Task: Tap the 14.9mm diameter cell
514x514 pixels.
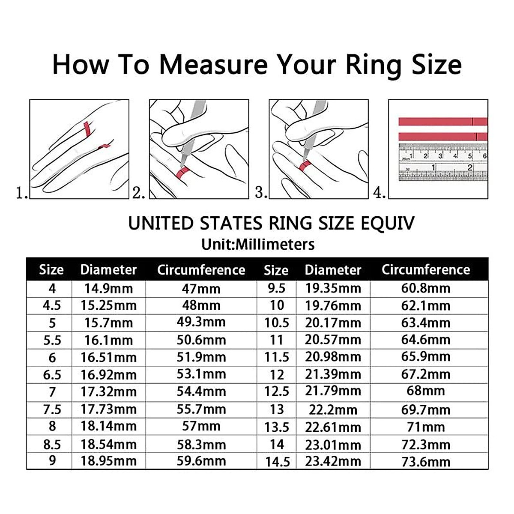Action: coord(108,288)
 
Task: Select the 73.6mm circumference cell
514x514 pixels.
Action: coord(425,461)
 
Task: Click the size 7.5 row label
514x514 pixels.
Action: coord(52,409)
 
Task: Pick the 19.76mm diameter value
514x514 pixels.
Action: coord(333,305)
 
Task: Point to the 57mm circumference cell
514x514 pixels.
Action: coord(201,426)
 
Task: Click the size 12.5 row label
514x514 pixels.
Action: coord(276,391)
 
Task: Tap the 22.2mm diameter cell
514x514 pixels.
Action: coord(333,409)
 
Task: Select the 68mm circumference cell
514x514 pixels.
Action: coord(425,391)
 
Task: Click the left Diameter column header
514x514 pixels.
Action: coord(108,270)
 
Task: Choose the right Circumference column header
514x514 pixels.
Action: coord(425,270)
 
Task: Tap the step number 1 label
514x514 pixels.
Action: coord(21,193)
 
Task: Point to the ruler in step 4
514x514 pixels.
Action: coord(443,163)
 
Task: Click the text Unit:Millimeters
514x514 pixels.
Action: coord(258,245)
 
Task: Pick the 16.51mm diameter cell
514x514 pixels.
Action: coord(108,357)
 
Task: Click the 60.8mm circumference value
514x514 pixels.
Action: coord(425,288)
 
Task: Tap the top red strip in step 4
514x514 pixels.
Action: coord(443,122)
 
